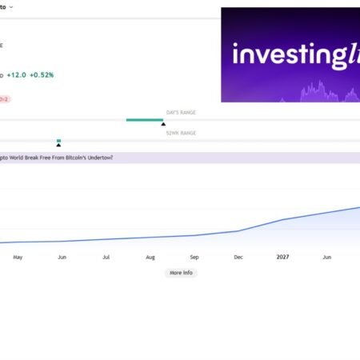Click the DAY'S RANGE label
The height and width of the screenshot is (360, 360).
[181, 113]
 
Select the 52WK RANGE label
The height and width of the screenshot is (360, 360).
[181, 133]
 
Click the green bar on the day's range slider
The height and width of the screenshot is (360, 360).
[144, 120]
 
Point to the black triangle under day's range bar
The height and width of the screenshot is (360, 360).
[163, 124]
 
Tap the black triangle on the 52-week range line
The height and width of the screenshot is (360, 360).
[58, 145]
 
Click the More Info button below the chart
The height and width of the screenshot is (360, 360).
[181, 273]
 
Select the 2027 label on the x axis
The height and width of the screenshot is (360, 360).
[282, 258]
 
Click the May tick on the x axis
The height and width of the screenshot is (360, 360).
[18, 258]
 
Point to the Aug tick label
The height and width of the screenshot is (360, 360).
[150, 258]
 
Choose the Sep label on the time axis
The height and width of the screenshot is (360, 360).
[194, 258]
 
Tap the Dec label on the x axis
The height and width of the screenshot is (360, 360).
[238, 258]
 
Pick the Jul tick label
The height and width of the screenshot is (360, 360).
[106, 258]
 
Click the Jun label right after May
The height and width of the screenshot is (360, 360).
[62, 258]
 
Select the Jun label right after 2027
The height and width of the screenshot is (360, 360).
[326, 258]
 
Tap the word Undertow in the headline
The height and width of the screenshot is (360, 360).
[98, 158]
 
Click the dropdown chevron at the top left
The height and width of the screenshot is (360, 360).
[10, 6]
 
